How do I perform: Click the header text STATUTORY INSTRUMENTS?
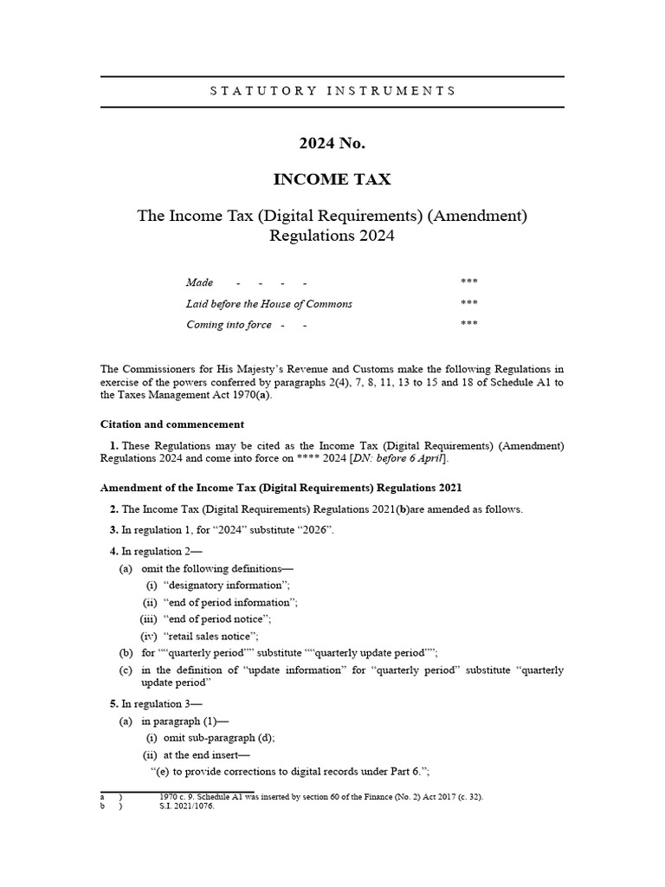(332, 90)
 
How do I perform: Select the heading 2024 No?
(332, 142)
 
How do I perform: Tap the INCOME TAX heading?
(332, 180)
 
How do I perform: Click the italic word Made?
(199, 282)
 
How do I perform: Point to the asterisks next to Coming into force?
(469, 325)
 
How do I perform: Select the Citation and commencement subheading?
(172, 424)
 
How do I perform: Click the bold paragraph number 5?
(113, 703)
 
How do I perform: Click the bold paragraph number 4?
(113, 552)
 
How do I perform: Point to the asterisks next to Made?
(469, 282)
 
